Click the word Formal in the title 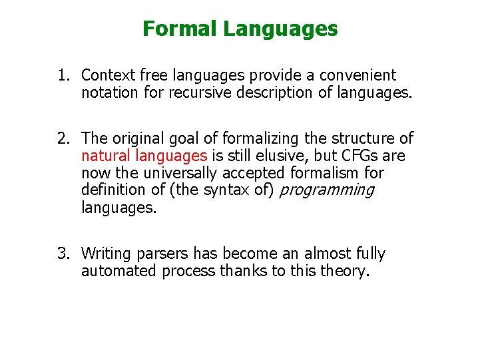coord(180,29)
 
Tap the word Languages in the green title coord(280,29)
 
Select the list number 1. coord(63,76)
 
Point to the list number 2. coord(63,138)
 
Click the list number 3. coord(63,254)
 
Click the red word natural coord(107,156)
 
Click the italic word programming coord(326,190)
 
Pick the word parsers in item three coord(165,254)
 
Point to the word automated coord(114,271)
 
